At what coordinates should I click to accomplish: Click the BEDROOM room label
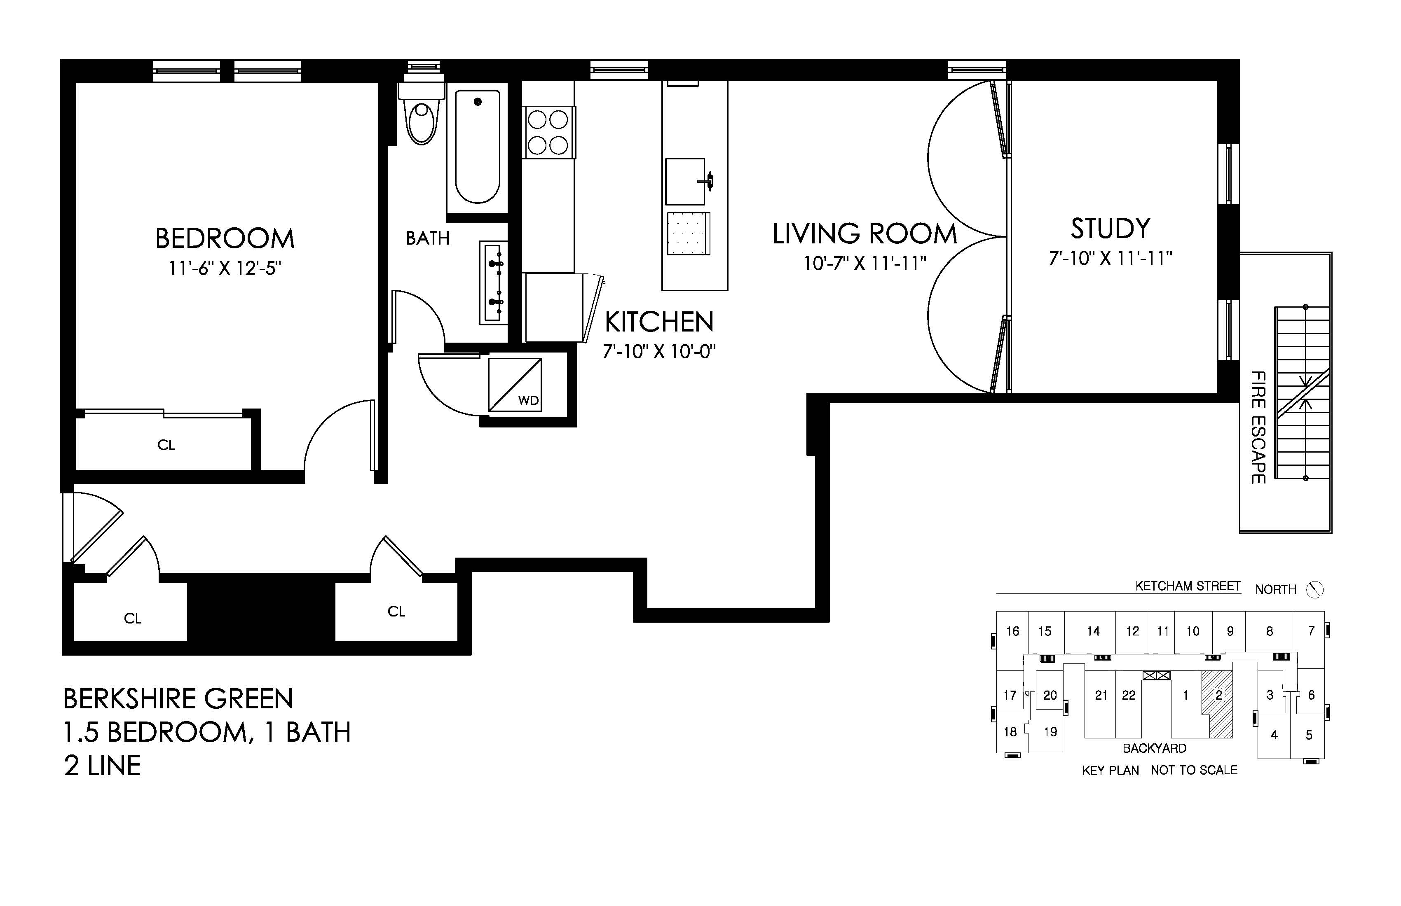click(x=225, y=238)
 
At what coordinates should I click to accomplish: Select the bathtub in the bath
click(x=478, y=148)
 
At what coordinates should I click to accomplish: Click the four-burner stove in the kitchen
click(x=548, y=132)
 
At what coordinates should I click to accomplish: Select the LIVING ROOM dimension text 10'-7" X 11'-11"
click(x=865, y=263)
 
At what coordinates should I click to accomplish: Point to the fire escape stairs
click(x=1302, y=392)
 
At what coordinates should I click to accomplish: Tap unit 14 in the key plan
click(x=1093, y=631)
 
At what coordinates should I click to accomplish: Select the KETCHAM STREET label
click(x=1188, y=586)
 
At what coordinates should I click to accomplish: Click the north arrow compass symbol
click(x=1314, y=589)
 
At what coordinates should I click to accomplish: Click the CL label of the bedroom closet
click(x=166, y=445)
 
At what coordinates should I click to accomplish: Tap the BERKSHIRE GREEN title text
click(x=178, y=699)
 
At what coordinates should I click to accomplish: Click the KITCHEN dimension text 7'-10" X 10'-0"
click(x=659, y=352)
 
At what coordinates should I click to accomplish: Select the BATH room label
click(x=427, y=238)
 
